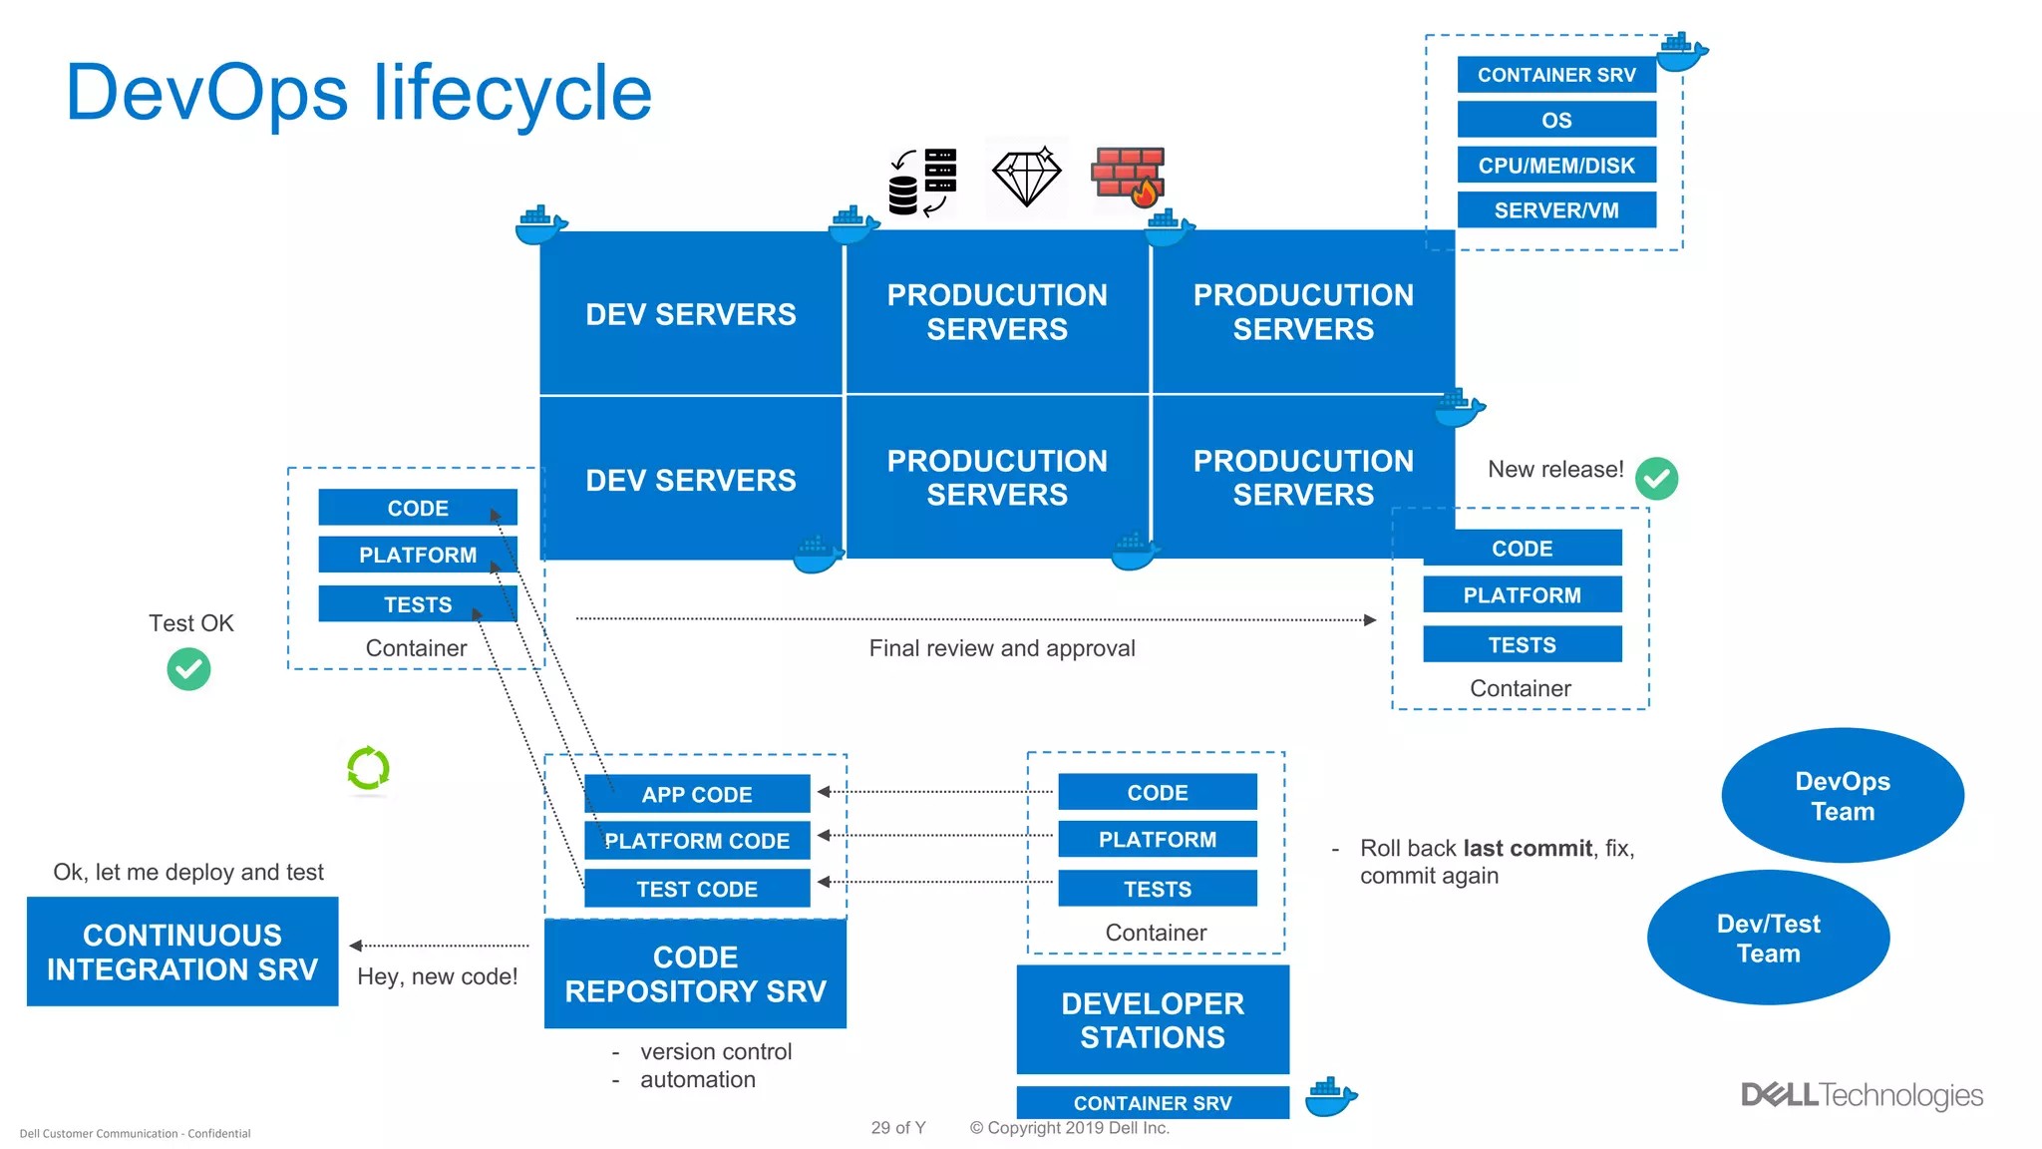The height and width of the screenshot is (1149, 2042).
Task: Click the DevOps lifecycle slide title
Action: click(x=358, y=93)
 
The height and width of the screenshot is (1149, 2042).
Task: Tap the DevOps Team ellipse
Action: click(x=1842, y=796)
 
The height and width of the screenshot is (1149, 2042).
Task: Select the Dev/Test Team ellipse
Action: click(x=1768, y=938)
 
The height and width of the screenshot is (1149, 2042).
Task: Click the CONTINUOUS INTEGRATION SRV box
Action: click(x=182, y=952)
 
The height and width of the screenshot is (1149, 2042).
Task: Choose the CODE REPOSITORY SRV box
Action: click(x=695, y=973)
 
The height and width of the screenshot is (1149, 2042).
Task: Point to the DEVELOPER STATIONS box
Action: click(x=1153, y=1019)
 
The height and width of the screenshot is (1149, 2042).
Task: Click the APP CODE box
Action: click(x=696, y=794)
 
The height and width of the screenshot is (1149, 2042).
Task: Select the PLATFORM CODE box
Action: click(x=696, y=841)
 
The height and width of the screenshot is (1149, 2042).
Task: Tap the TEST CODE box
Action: click(x=696, y=889)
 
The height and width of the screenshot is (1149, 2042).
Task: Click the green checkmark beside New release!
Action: click(x=1656, y=479)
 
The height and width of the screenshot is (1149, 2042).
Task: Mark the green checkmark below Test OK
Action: click(x=188, y=669)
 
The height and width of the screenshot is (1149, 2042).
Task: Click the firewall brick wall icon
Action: click(x=1128, y=177)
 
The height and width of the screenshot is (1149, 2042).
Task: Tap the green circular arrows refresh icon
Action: click(x=368, y=769)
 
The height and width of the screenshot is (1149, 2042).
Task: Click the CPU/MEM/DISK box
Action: click(x=1555, y=166)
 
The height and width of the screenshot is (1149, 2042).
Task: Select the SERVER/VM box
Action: click(x=1555, y=210)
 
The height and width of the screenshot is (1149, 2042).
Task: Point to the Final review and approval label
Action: click(x=1001, y=648)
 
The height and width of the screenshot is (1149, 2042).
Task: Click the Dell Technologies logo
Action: click(x=1862, y=1095)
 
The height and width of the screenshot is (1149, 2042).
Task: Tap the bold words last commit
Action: click(x=1527, y=848)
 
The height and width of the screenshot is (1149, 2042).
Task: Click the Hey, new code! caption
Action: click(x=437, y=976)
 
